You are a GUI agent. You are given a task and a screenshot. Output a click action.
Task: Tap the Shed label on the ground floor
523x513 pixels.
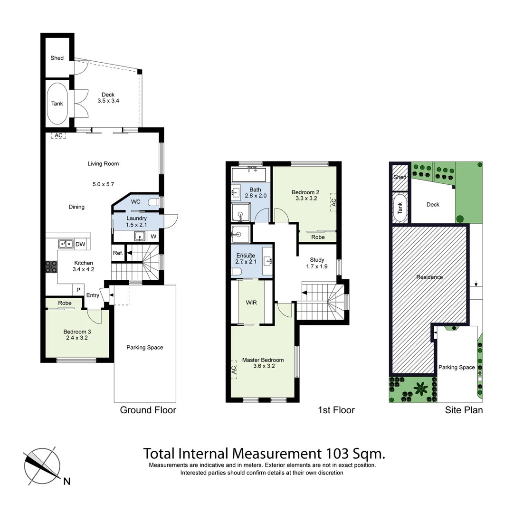[57, 58]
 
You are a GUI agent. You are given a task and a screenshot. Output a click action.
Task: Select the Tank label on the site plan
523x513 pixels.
[399, 208]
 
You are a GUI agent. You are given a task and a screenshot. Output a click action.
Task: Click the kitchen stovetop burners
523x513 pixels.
[50, 267]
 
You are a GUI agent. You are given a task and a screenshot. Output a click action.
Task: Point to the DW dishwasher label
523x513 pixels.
[80, 245]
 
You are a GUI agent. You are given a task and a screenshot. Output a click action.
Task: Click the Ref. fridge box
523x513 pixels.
[118, 253]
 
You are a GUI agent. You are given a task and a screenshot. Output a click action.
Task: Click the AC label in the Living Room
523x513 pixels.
[58, 135]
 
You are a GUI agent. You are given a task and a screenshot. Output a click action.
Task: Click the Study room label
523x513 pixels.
[317, 260]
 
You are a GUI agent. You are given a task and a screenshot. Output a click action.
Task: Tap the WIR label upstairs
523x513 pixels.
[251, 302]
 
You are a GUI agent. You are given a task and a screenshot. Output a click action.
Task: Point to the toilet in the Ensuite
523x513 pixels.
[237, 271]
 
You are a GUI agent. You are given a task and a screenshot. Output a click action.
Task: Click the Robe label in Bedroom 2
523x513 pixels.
[318, 237]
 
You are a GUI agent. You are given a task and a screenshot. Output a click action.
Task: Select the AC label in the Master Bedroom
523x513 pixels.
[234, 370]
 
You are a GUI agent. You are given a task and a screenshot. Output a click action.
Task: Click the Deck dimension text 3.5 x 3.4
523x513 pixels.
[108, 101]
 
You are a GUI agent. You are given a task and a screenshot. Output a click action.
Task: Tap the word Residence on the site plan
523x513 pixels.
[429, 277]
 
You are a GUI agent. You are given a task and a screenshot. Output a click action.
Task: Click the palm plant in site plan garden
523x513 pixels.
[421, 389]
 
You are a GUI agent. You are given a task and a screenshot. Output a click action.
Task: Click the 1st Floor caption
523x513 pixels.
[336, 410]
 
